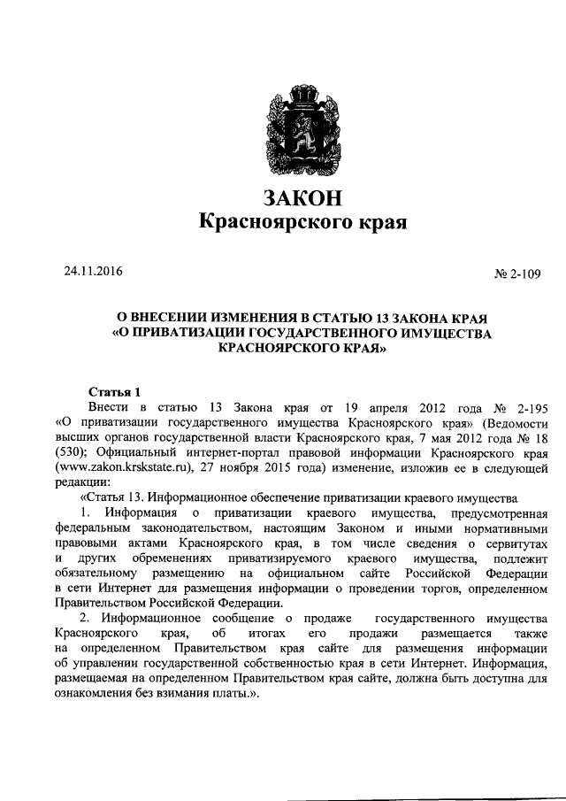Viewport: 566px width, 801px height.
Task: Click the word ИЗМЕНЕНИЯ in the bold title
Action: (x=243, y=317)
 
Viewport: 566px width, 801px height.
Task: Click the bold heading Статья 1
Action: (x=116, y=392)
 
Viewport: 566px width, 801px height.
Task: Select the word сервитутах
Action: (x=514, y=543)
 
